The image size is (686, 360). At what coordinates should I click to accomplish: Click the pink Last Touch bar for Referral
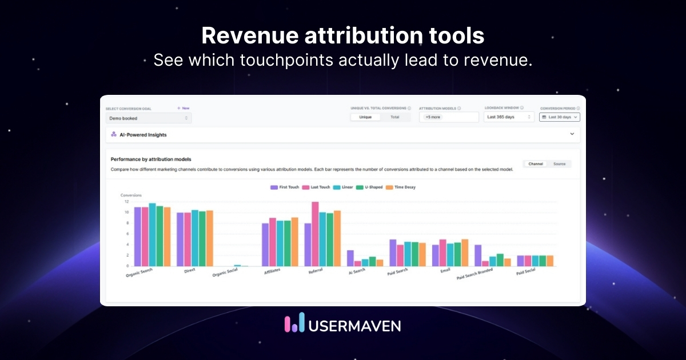[x=315, y=234]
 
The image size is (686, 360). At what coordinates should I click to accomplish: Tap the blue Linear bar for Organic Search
[x=152, y=235]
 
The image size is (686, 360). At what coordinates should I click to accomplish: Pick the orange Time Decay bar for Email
[x=465, y=253]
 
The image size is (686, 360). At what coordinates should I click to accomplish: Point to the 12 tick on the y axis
[x=127, y=201]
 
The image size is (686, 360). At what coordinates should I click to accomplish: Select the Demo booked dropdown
[x=149, y=118]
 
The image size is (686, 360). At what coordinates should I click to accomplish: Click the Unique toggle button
[x=365, y=117]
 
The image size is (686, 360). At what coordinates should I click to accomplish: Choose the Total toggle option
[x=395, y=117]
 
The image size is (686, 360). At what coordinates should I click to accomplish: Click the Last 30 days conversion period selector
[x=560, y=117]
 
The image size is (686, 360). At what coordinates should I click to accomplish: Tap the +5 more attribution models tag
[x=433, y=117]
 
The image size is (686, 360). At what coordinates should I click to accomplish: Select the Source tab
[x=559, y=164]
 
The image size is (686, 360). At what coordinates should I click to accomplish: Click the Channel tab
[x=536, y=164]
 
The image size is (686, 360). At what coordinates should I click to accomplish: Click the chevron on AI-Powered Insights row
[x=572, y=134]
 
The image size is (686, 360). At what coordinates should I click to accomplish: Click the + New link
[x=183, y=108]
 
